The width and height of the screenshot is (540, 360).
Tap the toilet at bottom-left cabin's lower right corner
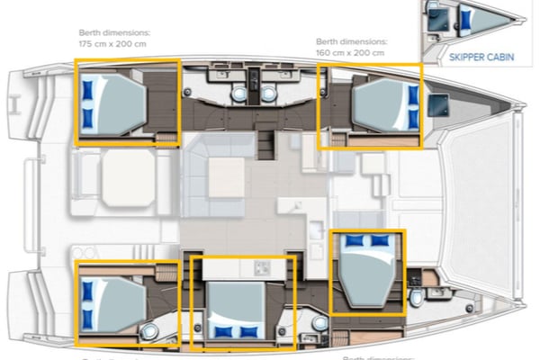pos(148,333)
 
